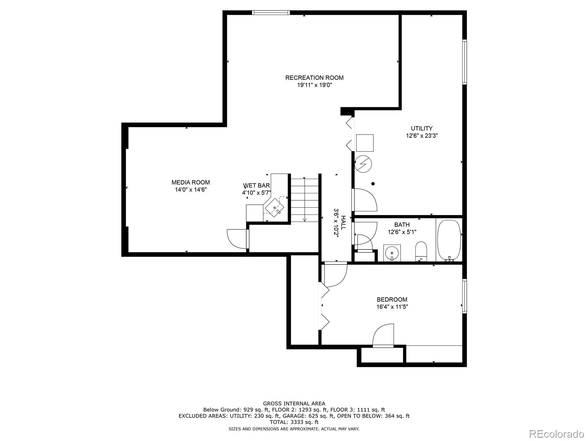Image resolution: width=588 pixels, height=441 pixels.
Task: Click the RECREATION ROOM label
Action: pos(314,78)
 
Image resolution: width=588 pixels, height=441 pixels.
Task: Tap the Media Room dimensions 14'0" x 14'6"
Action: pos(191,190)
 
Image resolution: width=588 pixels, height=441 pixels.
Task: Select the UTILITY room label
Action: pos(422,128)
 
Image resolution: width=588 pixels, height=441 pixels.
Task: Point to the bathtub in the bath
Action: pos(449,240)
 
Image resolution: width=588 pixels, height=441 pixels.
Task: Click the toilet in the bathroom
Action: pos(421,251)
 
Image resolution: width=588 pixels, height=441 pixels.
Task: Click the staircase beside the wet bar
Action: pos(305,200)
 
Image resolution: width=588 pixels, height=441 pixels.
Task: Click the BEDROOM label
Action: pos(392,300)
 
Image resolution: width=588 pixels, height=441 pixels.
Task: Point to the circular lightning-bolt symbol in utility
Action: pos(363,164)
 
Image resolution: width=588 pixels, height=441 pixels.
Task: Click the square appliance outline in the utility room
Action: pos(365,143)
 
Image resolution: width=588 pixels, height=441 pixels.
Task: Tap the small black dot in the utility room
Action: pos(373,184)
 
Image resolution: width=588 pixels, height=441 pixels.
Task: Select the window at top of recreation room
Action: pos(271,12)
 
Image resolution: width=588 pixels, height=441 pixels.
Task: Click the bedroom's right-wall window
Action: pos(465,296)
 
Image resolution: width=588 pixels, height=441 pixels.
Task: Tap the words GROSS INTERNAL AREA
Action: pos(294,404)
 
